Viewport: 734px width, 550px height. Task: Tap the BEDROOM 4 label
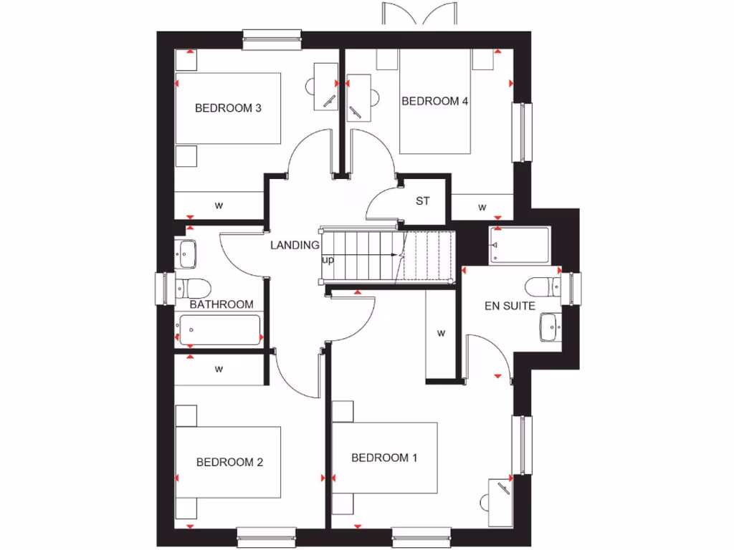tap(434, 102)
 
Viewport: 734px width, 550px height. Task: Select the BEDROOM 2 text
tap(229, 462)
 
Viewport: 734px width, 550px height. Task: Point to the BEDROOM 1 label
tap(384, 458)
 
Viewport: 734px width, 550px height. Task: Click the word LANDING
tap(294, 245)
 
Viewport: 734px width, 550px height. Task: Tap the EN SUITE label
tap(510, 306)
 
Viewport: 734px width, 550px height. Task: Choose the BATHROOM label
tap(221, 304)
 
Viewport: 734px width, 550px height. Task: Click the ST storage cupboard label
tap(423, 201)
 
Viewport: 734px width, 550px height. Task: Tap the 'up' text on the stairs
tap(328, 259)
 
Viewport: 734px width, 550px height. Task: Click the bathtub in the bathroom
tap(218, 330)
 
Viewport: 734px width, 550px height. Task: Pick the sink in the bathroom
tap(188, 251)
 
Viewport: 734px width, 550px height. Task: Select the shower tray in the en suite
tap(519, 246)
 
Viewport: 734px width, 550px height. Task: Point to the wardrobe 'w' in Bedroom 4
tap(482, 208)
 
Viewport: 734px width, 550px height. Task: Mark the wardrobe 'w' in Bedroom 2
tap(219, 370)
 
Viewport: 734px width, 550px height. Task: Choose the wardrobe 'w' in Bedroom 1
tap(442, 333)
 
